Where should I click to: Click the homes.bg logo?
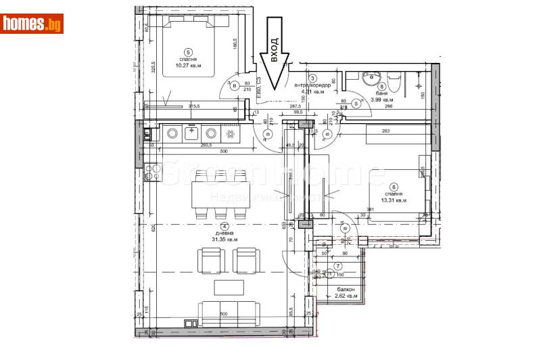click(32, 24)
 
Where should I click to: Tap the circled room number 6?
click(394, 186)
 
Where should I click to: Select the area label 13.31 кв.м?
click(394, 200)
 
